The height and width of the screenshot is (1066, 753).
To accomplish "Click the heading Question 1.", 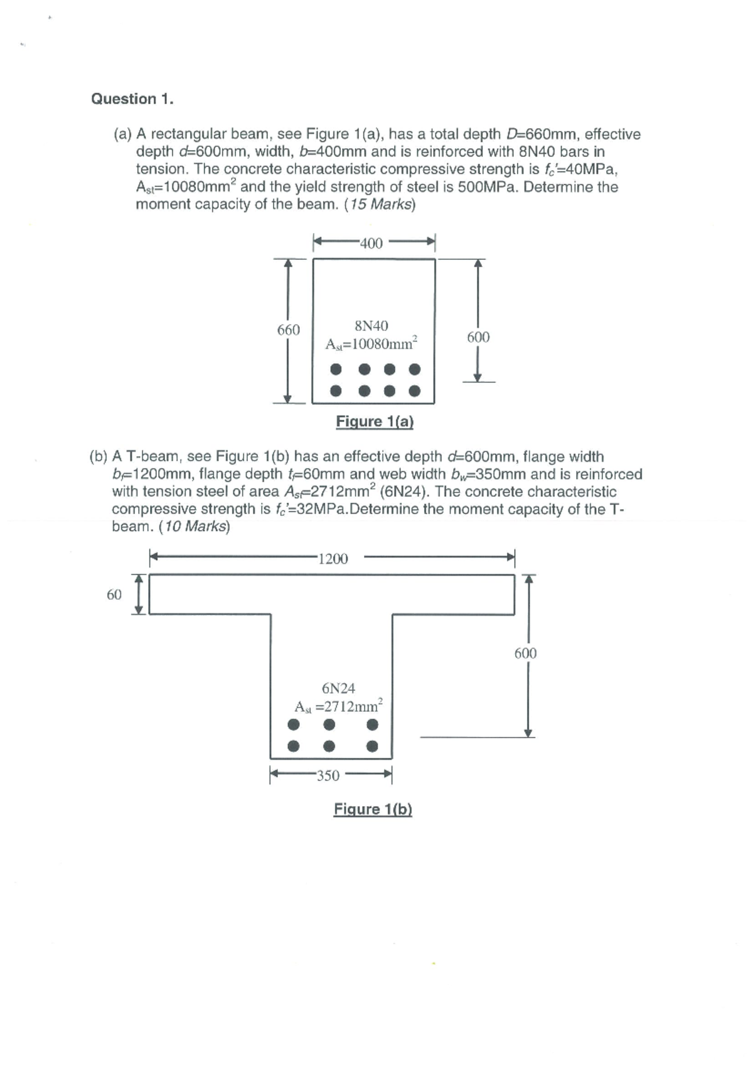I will pos(132,99).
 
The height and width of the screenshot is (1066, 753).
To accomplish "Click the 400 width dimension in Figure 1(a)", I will pos(371,243).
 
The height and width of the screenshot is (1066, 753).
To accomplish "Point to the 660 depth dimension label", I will pos(289,330).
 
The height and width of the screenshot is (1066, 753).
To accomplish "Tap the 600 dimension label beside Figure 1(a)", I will pos(478,337).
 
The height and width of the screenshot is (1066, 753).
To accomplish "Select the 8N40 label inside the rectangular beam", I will pos(371,326).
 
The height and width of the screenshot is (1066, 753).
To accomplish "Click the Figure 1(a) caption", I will pos(375,421).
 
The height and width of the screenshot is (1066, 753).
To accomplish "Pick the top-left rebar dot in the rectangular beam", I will pos(336,369).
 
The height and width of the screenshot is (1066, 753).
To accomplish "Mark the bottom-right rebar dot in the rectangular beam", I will pos(414,390).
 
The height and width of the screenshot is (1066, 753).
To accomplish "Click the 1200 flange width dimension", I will pos(333,559).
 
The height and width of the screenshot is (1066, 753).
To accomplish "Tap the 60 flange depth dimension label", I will pos(114,594).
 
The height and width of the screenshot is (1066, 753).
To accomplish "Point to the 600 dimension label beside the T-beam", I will pos(525,654).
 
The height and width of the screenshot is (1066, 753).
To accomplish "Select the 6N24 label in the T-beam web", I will pos(338,688).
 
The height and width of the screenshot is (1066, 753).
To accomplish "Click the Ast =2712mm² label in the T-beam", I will pos(339,706).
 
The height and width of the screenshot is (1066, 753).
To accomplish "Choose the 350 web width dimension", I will pos(328,775).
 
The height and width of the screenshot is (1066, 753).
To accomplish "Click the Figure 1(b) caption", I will pos(373,809).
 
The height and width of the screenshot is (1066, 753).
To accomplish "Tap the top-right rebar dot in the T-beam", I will pos(372,724).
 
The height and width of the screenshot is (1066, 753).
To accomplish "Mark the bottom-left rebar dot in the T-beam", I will pos(292,746).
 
